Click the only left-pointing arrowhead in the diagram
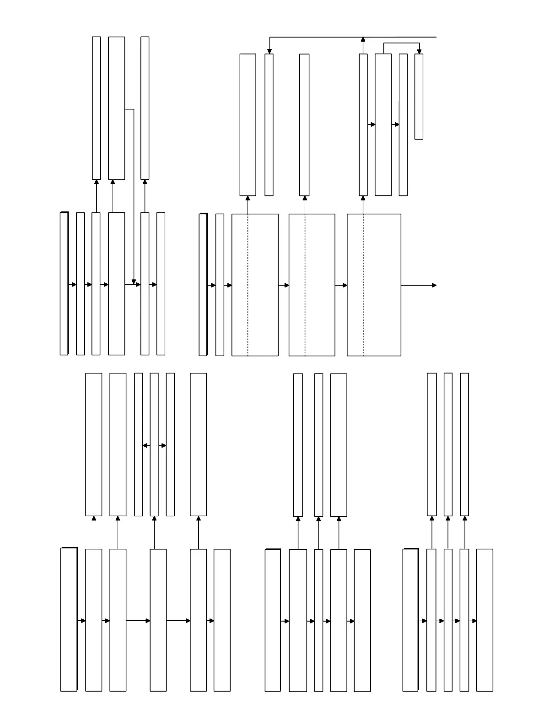145,445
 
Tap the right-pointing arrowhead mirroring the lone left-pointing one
164,445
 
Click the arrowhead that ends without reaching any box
434,285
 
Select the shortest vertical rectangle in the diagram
419,96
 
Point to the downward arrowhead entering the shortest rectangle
419,51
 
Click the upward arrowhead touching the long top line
363,39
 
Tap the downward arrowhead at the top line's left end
269,51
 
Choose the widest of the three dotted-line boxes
374,285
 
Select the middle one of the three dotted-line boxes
312,285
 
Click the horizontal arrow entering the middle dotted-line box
284,285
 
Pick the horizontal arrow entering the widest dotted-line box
341,285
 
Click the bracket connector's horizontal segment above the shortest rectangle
401,43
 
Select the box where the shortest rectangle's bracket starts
383,124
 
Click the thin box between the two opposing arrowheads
154,444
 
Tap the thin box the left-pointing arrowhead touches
139,444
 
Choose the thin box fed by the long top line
269,124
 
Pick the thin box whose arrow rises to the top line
363,124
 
